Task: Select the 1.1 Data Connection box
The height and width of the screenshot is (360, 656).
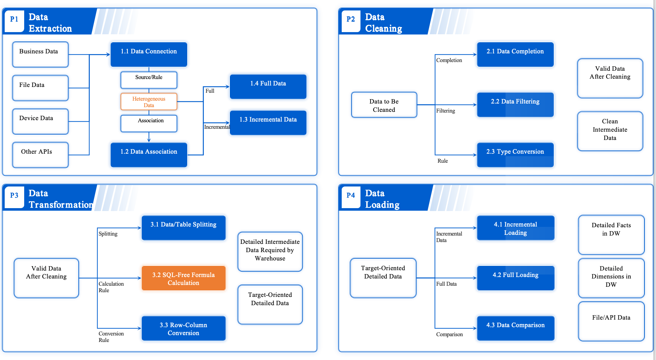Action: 149,54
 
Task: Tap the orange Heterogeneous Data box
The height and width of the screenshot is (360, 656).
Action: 149,102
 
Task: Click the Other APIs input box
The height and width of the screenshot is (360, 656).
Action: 40,155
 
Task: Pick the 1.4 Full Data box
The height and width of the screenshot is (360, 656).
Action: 268,87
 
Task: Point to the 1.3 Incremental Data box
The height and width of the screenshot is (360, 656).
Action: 268,123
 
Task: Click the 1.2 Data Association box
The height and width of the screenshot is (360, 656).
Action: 149,155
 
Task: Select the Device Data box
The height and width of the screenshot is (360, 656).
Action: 40,122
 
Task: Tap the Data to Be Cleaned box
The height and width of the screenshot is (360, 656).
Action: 384,105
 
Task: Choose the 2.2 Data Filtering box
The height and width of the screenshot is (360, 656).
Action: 515,105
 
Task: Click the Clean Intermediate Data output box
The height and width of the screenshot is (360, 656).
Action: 610,131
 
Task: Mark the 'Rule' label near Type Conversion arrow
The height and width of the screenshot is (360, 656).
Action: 442,161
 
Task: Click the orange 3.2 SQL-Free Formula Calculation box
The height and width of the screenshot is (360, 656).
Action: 183,278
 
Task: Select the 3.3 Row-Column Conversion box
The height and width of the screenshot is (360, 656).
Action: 183,328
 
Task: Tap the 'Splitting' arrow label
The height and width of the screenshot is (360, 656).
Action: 108,234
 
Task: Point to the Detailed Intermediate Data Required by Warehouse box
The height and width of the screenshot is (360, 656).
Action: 270,251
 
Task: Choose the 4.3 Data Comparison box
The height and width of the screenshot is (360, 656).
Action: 515,328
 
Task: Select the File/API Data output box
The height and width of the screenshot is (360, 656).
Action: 611,321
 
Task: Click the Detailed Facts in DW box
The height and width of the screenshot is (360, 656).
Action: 611,234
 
